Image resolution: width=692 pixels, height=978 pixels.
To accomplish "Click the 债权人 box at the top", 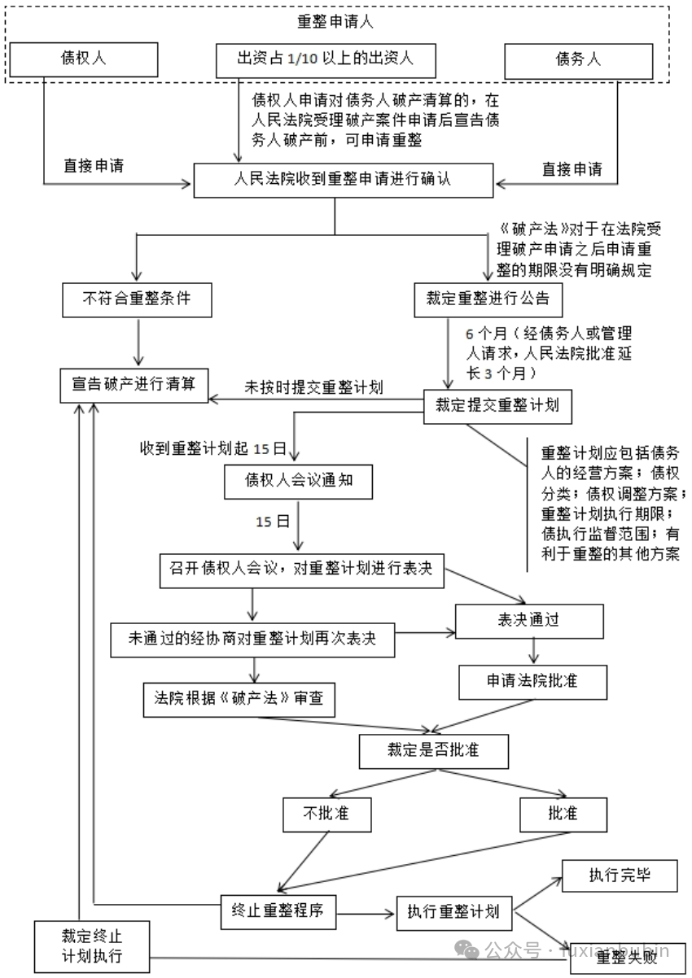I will [84, 59].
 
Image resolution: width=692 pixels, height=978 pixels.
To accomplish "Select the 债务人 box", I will [579, 59].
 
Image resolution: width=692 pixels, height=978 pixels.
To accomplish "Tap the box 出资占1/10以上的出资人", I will [326, 59].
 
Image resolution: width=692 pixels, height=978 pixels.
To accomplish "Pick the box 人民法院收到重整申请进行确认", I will [343, 181].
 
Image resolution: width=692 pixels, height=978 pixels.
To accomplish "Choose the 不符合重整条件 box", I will [137, 299].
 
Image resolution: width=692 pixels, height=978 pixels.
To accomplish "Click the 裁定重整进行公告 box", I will [483, 299].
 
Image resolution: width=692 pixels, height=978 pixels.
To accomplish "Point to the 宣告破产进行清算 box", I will [134, 384].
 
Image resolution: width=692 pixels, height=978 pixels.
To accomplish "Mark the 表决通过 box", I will [529, 621].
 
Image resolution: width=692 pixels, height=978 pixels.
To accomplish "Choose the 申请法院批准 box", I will [532, 681].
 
